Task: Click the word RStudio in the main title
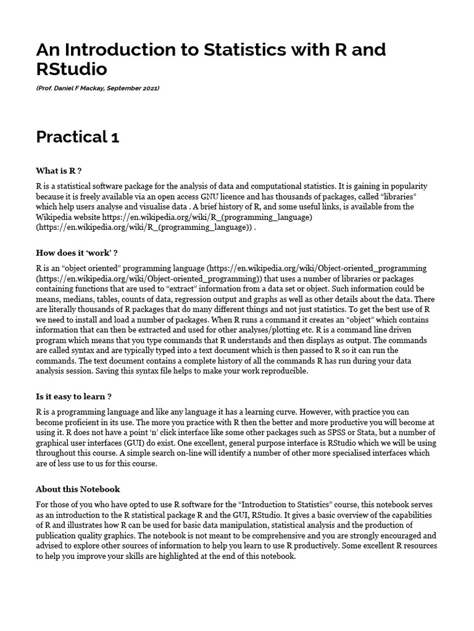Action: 72,68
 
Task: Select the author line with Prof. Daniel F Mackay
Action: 98,88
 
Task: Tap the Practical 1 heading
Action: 78,137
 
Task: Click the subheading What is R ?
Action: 59,170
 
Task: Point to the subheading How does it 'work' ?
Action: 77,253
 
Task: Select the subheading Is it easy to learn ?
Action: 73,396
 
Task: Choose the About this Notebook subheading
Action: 78,489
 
